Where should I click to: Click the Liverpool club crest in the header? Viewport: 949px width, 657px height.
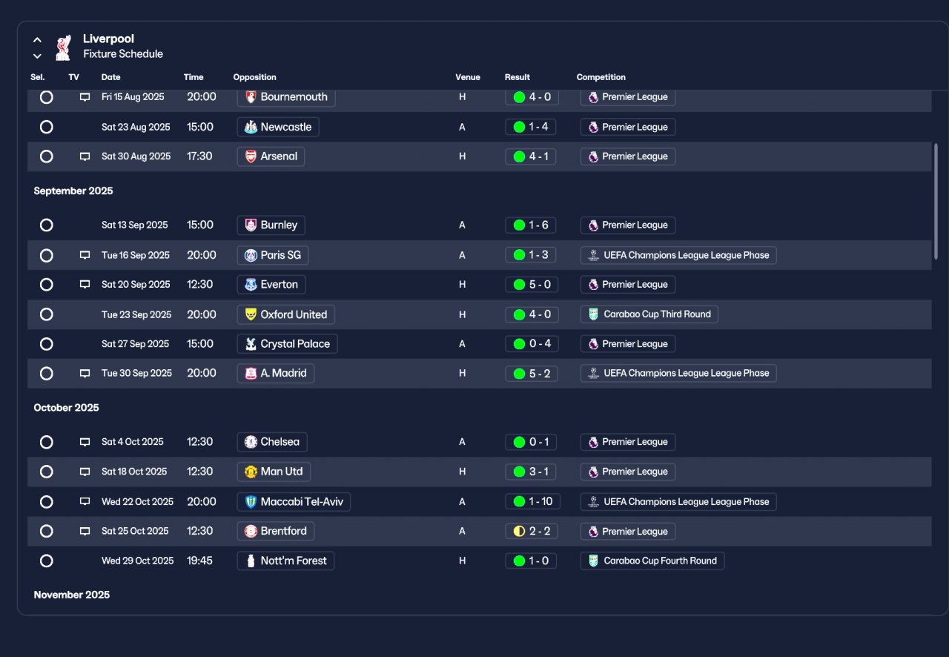tap(63, 47)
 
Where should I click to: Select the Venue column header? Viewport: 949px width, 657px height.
tap(468, 77)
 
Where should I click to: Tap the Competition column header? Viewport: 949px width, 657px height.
tap(601, 77)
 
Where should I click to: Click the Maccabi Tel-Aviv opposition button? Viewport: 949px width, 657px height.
tap(294, 501)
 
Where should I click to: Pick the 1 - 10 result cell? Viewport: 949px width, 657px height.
tap(532, 501)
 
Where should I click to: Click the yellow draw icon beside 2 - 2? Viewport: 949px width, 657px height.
tap(519, 531)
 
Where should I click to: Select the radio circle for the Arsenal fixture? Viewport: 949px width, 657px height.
tap(47, 156)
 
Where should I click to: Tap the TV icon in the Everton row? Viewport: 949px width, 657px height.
tap(85, 285)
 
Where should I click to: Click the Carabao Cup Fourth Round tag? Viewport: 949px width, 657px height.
tap(652, 561)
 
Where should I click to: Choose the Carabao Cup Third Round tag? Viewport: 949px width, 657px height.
tap(649, 314)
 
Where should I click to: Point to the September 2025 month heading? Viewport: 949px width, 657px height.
tap(73, 191)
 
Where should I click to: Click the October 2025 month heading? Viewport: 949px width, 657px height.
tap(66, 408)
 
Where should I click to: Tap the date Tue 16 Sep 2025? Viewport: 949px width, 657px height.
tap(136, 255)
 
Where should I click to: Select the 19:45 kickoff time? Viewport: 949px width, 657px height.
tap(199, 561)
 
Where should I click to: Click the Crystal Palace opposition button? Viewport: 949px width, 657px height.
tap(287, 344)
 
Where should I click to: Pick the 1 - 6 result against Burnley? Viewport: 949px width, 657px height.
tap(530, 225)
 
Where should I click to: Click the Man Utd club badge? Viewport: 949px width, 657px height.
tap(251, 472)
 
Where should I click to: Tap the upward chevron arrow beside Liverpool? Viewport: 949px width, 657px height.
tap(37, 40)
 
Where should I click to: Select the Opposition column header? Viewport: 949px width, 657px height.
tap(254, 77)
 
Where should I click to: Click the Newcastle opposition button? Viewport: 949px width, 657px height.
tap(278, 127)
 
